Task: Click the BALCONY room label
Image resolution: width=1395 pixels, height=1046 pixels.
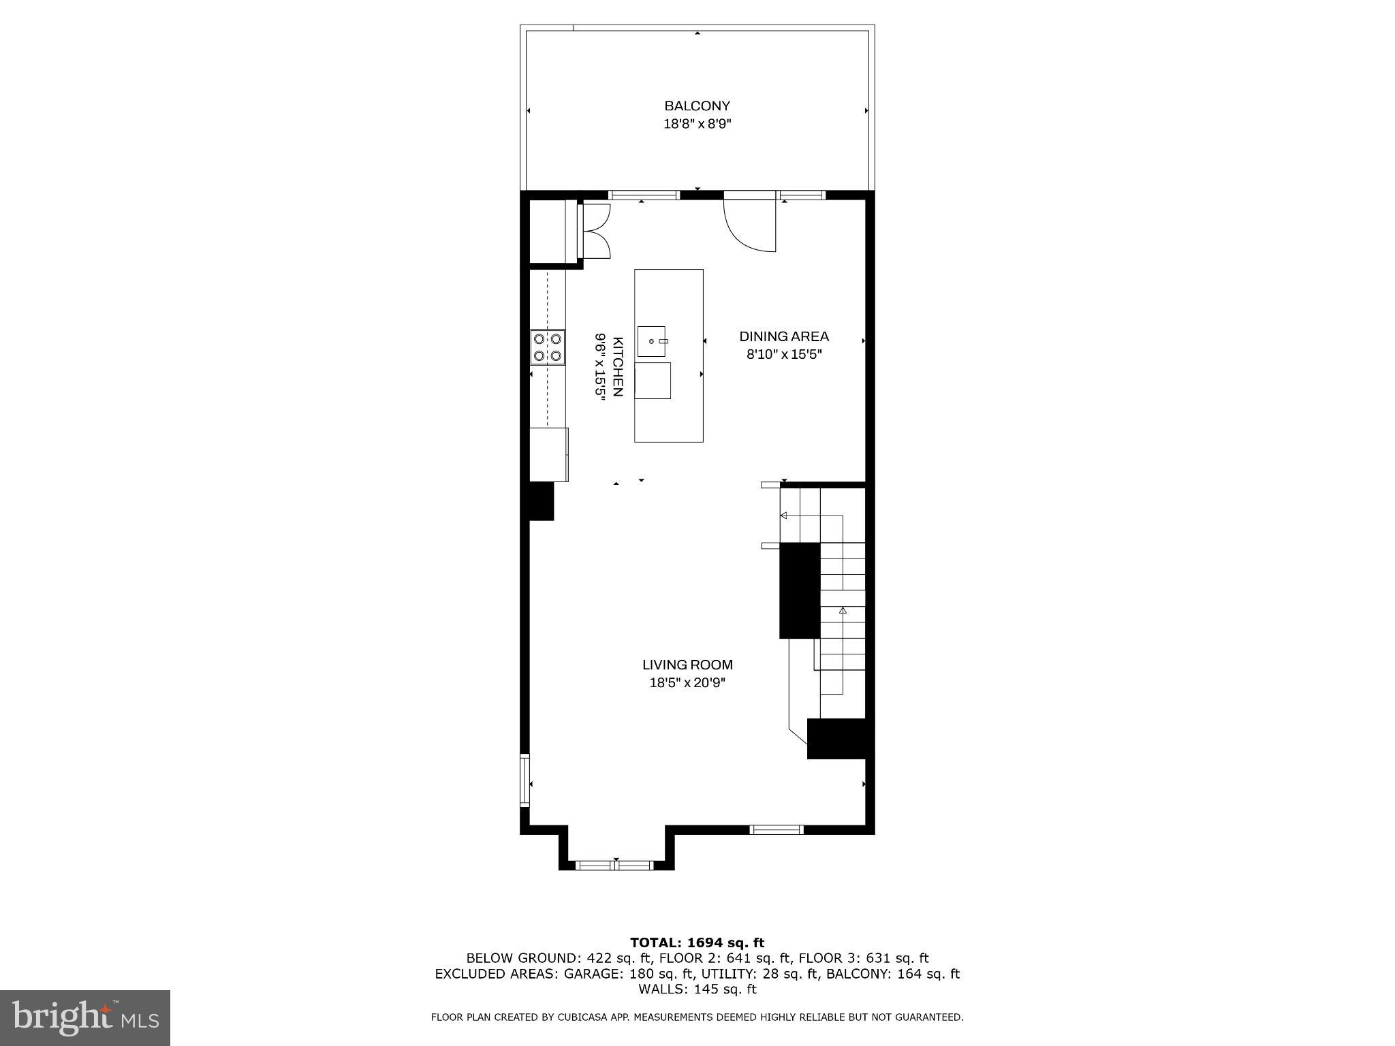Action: click(697, 106)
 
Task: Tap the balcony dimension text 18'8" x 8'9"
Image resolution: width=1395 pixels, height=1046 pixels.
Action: click(697, 124)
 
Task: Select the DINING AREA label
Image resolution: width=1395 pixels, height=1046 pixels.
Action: click(784, 336)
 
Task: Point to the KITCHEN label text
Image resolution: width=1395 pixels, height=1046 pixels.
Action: click(618, 366)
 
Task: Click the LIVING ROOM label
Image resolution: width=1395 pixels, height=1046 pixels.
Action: click(687, 665)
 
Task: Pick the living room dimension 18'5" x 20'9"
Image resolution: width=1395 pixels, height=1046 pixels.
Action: click(687, 683)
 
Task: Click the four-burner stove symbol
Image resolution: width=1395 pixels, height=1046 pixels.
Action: click(548, 347)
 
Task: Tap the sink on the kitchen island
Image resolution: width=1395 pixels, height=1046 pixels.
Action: click(652, 340)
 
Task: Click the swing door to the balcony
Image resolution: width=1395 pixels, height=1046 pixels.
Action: click(749, 225)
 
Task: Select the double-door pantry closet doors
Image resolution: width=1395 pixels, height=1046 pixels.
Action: click(594, 232)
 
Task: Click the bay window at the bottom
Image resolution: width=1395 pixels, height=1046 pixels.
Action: click(615, 866)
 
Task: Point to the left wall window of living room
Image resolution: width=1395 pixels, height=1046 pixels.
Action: click(524, 780)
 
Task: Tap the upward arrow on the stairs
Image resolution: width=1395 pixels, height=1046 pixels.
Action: click(843, 611)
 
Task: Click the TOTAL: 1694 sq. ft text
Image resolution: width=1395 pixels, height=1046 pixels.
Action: click(697, 942)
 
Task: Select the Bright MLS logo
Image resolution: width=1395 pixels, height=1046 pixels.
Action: click(85, 1017)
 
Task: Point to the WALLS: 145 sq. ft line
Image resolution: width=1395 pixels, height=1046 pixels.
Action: click(697, 989)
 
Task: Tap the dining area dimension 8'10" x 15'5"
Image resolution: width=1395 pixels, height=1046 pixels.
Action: click(784, 354)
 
